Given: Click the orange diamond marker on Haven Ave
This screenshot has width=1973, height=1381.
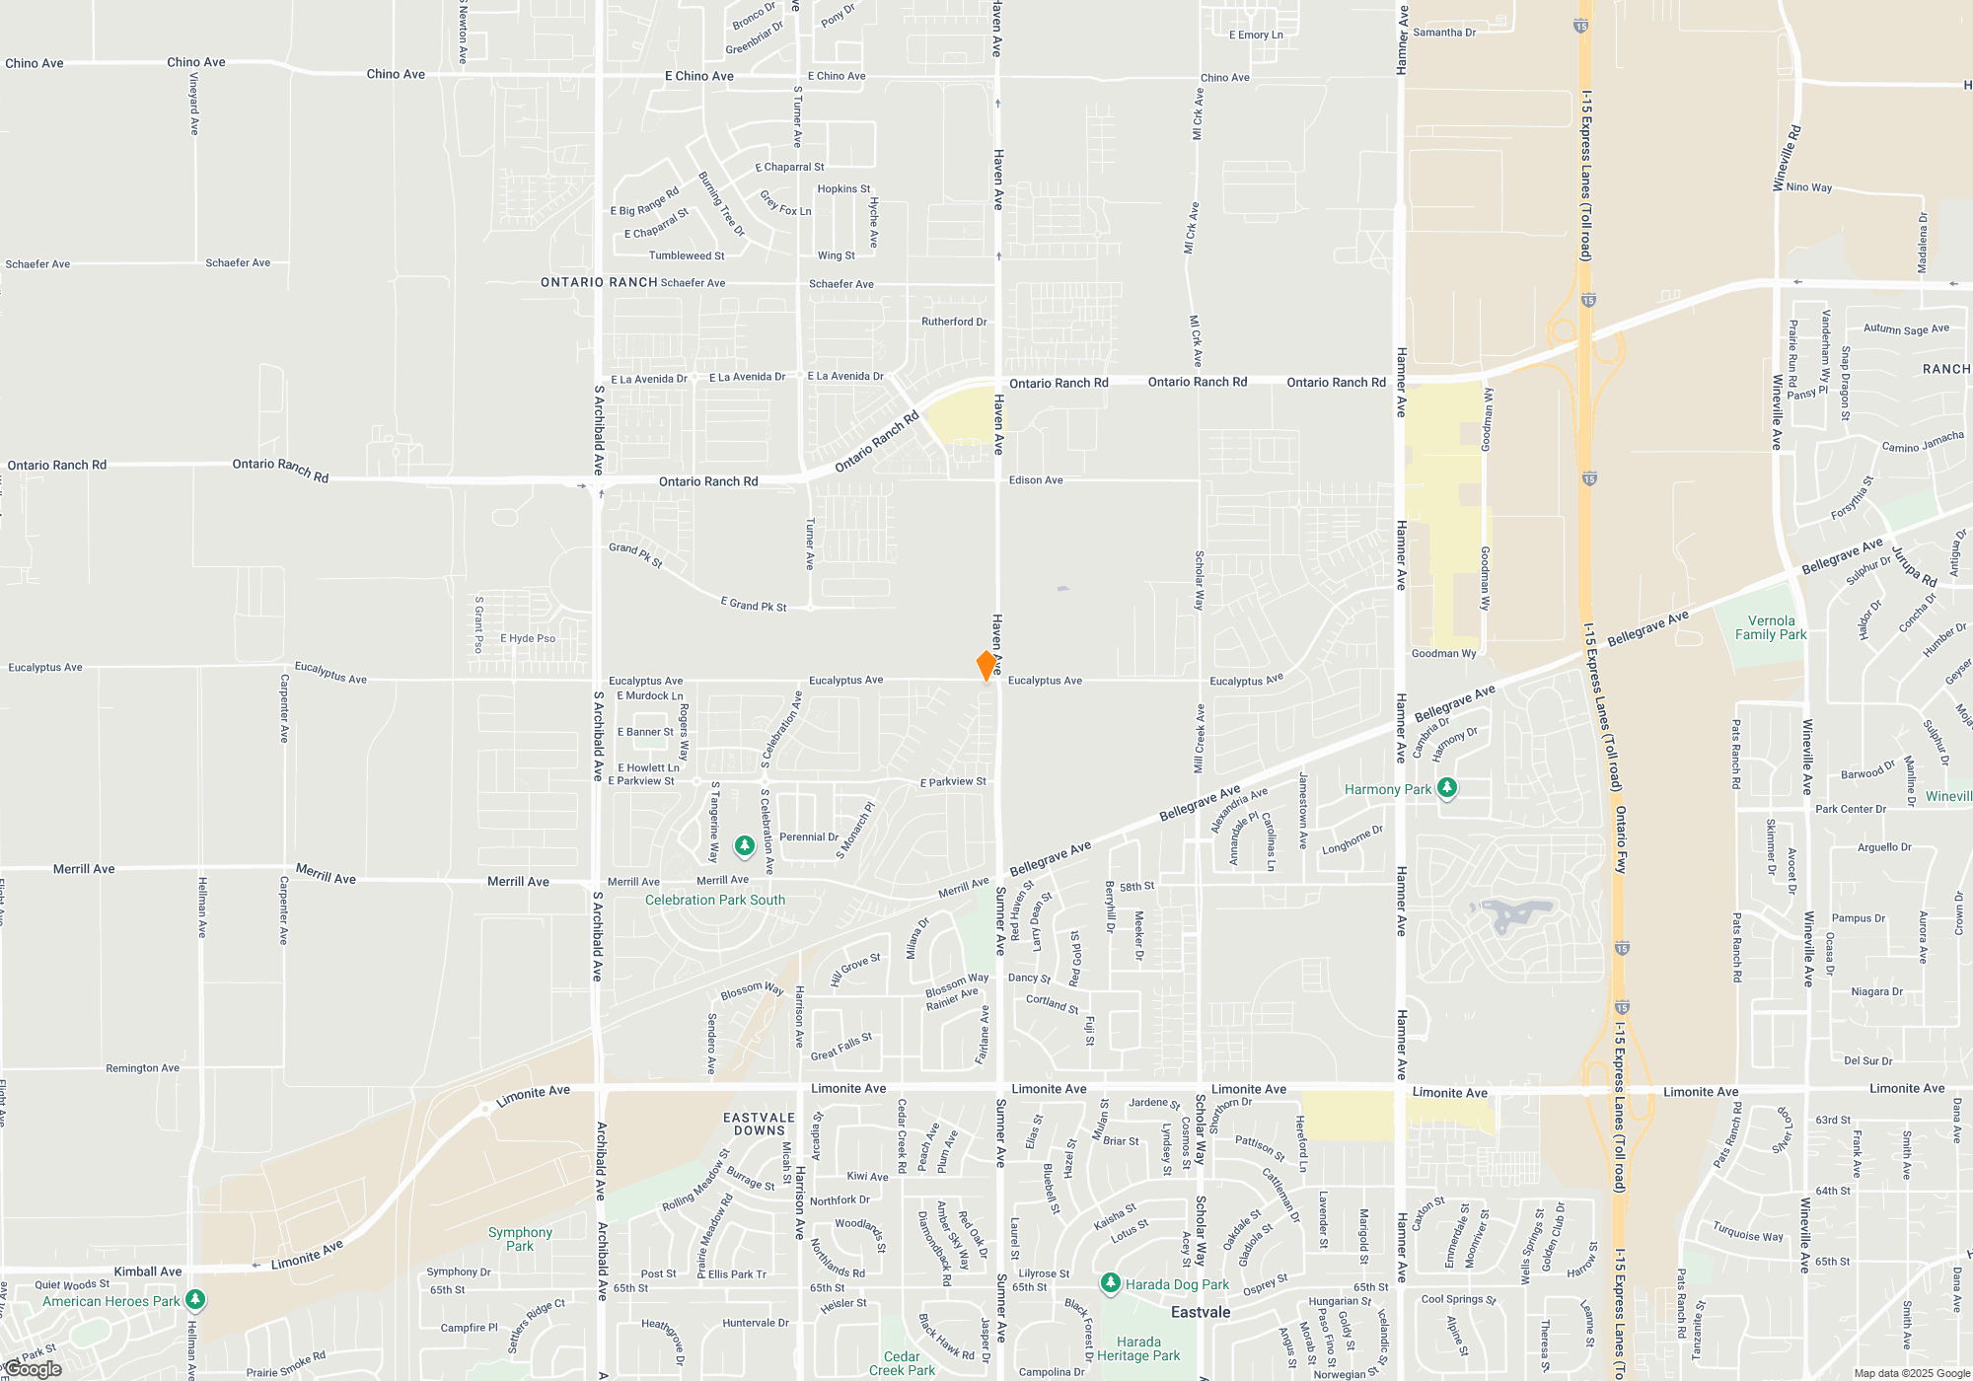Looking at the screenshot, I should (986, 666).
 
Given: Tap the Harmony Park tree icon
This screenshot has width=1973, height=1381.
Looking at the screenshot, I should (1447, 788).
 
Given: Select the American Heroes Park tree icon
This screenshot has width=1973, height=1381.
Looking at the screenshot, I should (195, 1300).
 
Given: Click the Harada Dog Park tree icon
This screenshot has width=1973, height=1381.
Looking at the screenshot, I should (1111, 1283).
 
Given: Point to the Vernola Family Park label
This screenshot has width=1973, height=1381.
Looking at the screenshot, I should (1771, 628).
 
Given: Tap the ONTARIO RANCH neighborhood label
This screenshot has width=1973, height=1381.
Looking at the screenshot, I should (599, 282).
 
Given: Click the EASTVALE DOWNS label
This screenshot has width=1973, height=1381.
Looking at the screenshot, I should (759, 1125).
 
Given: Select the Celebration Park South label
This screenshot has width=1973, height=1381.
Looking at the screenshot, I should (715, 900).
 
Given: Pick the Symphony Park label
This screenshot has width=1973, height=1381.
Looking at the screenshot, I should (520, 1239).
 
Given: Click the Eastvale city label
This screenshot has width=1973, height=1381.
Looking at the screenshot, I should (1201, 1312).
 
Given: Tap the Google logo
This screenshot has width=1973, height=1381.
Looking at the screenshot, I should (33, 1369).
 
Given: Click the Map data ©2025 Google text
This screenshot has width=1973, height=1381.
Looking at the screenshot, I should (1912, 1373).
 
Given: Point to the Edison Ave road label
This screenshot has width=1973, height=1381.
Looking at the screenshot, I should (1036, 480).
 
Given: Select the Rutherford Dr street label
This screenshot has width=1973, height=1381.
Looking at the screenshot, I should (954, 322).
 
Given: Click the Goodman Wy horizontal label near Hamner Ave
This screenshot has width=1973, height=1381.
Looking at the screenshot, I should (1443, 653).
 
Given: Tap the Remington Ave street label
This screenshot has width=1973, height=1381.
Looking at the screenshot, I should (143, 1068).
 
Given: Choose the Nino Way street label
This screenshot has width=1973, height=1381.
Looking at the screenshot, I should (1809, 187).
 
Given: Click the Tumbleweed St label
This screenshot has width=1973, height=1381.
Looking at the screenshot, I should (687, 255).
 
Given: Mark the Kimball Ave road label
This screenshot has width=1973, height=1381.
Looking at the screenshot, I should (148, 1272).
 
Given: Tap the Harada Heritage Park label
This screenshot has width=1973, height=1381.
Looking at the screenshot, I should (1138, 1348).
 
